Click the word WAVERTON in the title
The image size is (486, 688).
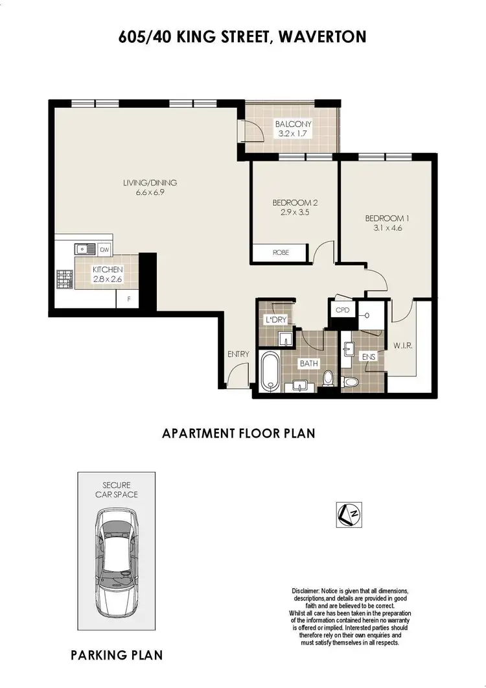322,37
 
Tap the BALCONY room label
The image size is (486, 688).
293,125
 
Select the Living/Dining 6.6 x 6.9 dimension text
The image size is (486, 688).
150,193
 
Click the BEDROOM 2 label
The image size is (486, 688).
295,202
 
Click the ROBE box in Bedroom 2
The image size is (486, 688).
281,252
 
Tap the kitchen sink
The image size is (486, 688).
84,249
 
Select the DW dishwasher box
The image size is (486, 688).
104,249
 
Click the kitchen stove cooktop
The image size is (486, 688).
65,278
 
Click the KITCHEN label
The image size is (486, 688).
107,270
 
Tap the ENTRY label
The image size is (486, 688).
238,354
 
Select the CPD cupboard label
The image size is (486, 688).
342,310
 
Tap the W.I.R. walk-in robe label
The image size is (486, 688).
403,346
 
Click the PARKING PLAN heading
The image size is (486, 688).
117,656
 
